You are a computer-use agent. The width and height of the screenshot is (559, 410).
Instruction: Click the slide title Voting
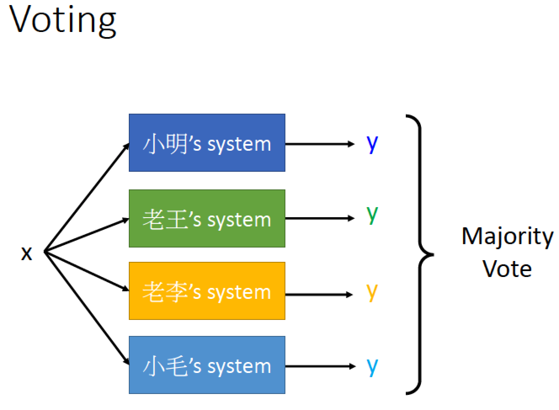pyautogui.click(x=62, y=21)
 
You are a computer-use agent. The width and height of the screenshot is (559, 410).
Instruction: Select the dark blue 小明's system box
pyautogui.click(x=207, y=143)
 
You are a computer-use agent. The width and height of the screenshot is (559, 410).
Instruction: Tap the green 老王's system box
pyautogui.click(x=207, y=218)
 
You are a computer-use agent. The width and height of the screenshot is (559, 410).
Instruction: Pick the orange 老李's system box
pyautogui.click(x=207, y=291)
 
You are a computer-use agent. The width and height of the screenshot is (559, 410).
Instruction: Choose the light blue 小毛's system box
pyautogui.click(x=207, y=365)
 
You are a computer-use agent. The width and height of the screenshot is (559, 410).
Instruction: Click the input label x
pyautogui.click(x=27, y=253)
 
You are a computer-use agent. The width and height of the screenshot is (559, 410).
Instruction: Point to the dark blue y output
pyautogui.click(x=372, y=145)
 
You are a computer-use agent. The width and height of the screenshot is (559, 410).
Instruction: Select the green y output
pyautogui.click(x=372, y=216)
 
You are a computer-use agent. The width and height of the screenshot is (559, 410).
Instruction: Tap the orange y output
pyautogui.click(x=372, y=293)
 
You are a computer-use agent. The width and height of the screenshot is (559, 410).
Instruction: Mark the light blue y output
pyautogui.click(x=372, y=368)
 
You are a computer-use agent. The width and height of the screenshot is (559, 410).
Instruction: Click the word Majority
pyautogui.click(x=507, y=237)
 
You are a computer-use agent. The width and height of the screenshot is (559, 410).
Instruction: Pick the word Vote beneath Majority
pyautogui.click(x=507, y=269)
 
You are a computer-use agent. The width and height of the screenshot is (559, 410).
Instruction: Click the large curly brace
pyautogui.click(x=421, y=254)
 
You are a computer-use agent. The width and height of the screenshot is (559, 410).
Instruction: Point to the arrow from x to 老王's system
pyautogui.click(x=87, y=235)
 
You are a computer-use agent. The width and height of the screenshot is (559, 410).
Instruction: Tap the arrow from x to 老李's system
pyautogui.click(x=87, y=271)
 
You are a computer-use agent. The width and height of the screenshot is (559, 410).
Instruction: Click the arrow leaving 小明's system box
pyautogui.click(x=319, y=144)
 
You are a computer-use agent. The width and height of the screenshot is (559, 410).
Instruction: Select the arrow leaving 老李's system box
pyautogui.click(x=319, y=295)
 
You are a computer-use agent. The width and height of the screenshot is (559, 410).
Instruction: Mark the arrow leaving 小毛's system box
pyautogui.click(x=320, y=366)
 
